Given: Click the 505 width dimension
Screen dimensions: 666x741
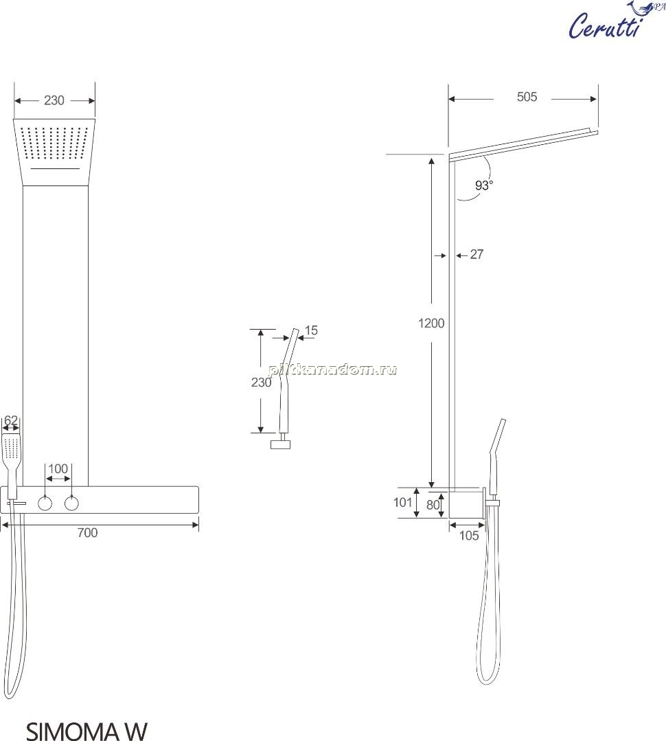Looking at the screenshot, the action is point(527,97).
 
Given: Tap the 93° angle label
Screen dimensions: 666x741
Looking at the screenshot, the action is point(483,185).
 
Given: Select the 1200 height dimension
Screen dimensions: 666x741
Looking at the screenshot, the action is point(431,323).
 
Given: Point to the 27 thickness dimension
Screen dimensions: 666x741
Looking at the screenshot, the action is point(476,255).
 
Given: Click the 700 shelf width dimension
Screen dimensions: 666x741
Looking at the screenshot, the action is point(87,533).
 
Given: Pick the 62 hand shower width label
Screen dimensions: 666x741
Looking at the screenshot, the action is point(11,420).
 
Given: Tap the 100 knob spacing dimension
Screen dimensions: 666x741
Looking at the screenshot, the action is point(58,469).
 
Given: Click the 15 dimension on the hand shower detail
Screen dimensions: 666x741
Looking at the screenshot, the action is point(311,330).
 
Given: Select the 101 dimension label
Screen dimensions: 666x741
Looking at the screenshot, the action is point(403,502).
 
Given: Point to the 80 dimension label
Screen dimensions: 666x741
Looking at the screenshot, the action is point(433,505).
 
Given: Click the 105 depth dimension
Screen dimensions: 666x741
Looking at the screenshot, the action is point(468,536).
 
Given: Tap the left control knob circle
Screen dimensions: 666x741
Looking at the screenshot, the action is point(45,504).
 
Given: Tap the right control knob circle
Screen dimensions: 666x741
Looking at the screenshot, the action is point(71,504).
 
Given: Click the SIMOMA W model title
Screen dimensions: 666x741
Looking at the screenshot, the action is point(87,731).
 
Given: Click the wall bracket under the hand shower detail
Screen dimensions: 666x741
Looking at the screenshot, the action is point(281,444).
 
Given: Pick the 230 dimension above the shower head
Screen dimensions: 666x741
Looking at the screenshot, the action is point(54,101).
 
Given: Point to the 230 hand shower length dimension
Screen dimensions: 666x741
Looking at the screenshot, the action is point(261,383).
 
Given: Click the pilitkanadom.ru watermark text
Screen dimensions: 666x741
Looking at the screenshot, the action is point(333,369).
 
